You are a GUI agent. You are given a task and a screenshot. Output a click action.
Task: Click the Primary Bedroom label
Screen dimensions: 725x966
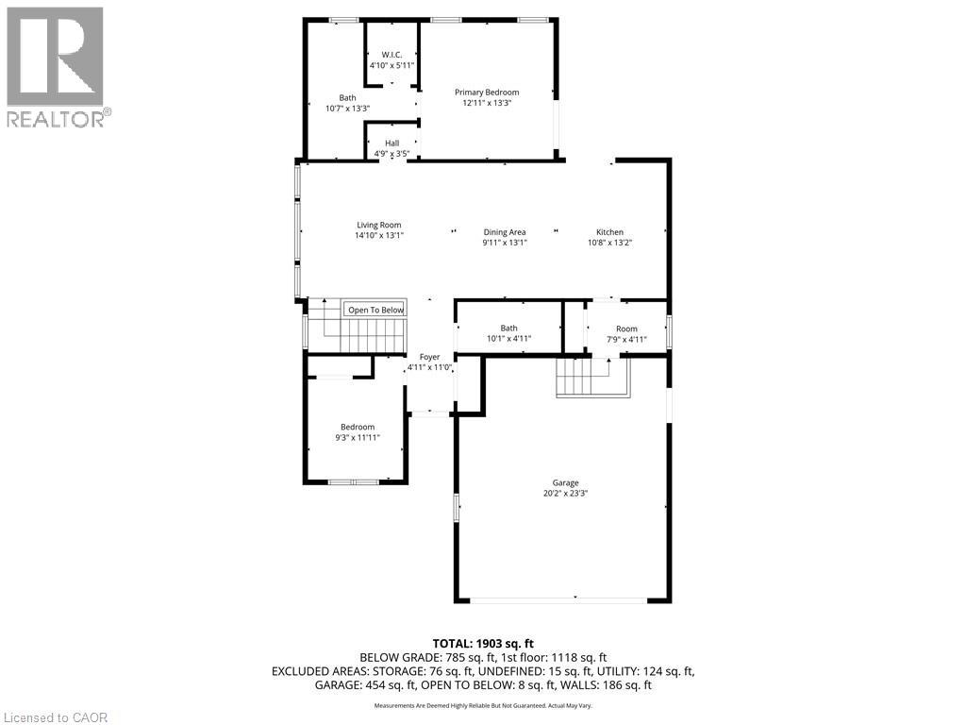pyautogui.click(x=487, y=93)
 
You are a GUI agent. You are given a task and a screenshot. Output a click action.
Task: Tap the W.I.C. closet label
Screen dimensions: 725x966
pyautogui.click(x=391, y=54)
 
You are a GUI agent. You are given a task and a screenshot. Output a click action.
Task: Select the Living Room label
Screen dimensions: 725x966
pyautogui.click(x=378, y=226)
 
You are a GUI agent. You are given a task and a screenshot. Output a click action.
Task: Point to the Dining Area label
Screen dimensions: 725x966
pyautogui.click(x=504, y=232)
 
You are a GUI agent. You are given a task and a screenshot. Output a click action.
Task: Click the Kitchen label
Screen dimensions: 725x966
pyautogui.click(x=609, y=232)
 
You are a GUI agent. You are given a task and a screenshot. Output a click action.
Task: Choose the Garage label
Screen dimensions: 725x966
pyautogui.click(x=565, y=483)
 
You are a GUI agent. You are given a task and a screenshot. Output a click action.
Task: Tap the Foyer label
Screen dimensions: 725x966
pyautogui.click(x=429, y=357)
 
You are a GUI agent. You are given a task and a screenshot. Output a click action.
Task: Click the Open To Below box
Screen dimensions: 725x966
pyautogui.click(x=375, y=310)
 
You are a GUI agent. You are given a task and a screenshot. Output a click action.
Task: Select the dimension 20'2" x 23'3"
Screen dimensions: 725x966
pyautogui.click(x=565, y=494)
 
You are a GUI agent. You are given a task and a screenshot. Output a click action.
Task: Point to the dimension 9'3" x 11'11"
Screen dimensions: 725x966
pyautogui.click(x=358, y=437)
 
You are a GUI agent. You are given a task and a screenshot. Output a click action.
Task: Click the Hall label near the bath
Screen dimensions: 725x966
pyautogui.click(x=391, y=143)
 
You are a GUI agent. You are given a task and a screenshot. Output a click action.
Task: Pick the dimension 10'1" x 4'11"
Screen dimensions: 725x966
pyautogui.click(x=508, y=339)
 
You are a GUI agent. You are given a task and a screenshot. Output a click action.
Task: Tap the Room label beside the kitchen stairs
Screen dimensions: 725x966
pyautogui.click(x=626, y=329)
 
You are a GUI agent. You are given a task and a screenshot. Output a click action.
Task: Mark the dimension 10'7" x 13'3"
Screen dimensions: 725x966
pyautogui.click(x=347, y=108)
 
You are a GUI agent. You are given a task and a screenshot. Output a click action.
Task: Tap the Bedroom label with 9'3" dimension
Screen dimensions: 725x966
pyautogui.click(x=358, y=427)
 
